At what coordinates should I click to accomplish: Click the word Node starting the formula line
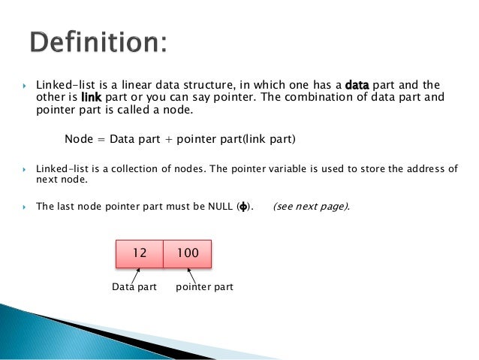pos(79,139)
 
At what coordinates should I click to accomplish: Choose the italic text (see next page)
pos(310,206)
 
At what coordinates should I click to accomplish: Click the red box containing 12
pos(139,254)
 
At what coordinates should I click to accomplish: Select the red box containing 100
pos(188,254)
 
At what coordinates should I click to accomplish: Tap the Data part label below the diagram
pos(134,287)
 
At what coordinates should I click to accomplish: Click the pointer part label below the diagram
pos(204,287)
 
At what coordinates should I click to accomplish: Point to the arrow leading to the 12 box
pos(137,275)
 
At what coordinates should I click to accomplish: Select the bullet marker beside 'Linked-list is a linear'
pos(25,85)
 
